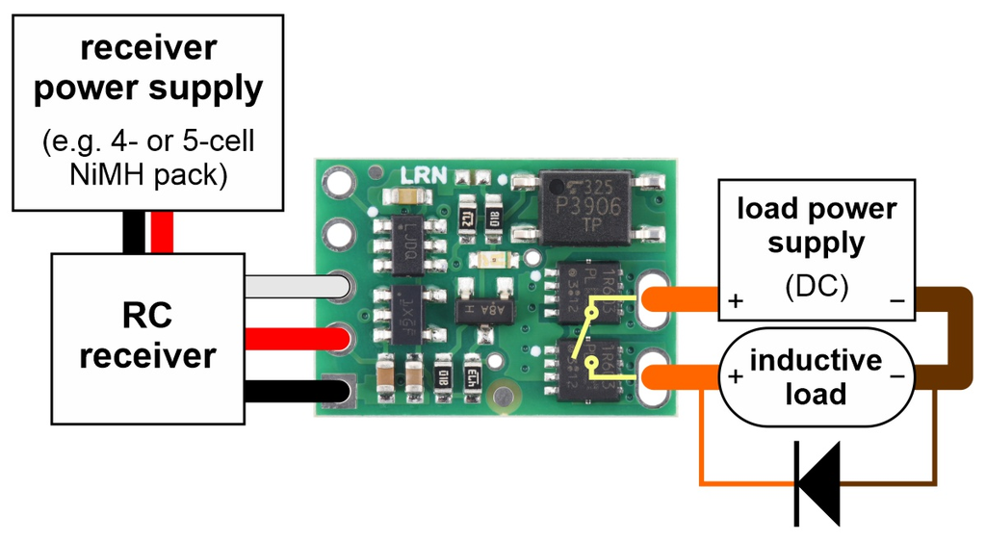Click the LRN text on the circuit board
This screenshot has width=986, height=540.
pos(423,177)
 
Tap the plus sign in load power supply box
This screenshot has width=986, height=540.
pos(736,300)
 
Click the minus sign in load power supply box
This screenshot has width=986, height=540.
pos(896,300)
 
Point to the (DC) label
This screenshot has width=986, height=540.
pos(817,287)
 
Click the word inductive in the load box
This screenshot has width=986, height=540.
pos(816,361)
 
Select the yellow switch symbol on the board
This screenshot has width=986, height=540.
pos(588,337)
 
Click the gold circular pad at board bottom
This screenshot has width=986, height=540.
pos(501,396)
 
